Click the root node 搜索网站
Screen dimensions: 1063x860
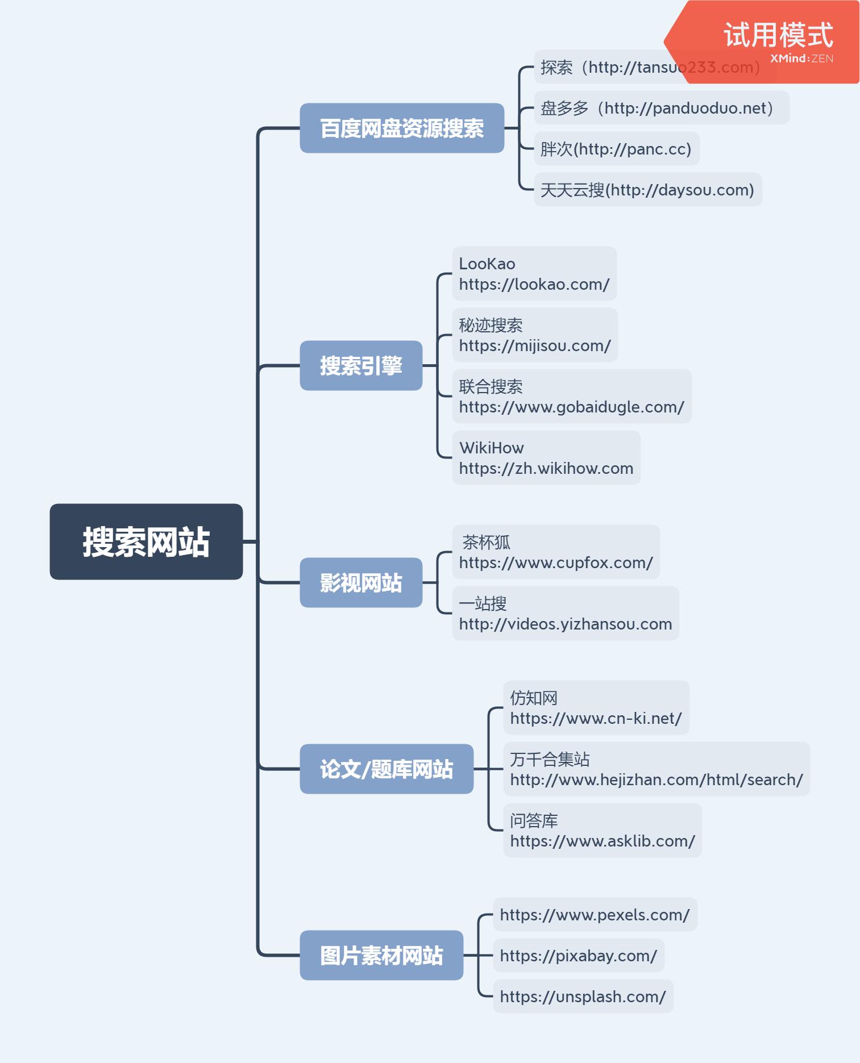(x=146, y=541)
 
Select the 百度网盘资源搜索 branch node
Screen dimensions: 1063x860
(x=402, y=128)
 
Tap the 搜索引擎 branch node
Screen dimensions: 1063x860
(x=361, y=365)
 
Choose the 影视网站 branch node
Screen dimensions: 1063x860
(x=361, y=582)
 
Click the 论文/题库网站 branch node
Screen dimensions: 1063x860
(x=387, y=769)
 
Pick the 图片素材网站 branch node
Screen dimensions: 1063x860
(x=381, y=955)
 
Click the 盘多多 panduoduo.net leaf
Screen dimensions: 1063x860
(x=661, y=107)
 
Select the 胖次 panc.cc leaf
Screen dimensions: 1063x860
(x=616, y=149)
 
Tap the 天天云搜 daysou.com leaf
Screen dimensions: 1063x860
(x=647, y=190)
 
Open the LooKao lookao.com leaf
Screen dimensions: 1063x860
(x=534, y=273)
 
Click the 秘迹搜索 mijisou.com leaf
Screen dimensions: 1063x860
(x=534, y=335)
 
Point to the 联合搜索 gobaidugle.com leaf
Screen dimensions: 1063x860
(x=571, y=396)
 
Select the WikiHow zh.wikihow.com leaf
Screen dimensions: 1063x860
(x=546, y=457)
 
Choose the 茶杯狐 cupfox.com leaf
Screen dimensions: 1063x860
(x=555, y=552)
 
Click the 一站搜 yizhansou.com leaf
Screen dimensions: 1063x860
(x=565, y=613)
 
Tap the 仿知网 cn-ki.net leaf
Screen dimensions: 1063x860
(x=596, y=707)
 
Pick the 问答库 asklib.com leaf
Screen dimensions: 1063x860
(x=602, y=830)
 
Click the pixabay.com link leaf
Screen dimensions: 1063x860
(x=578, y=956)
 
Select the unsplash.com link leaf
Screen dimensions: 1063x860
(x=583, y=997)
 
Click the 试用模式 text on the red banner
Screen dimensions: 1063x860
(x=778, y=35)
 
